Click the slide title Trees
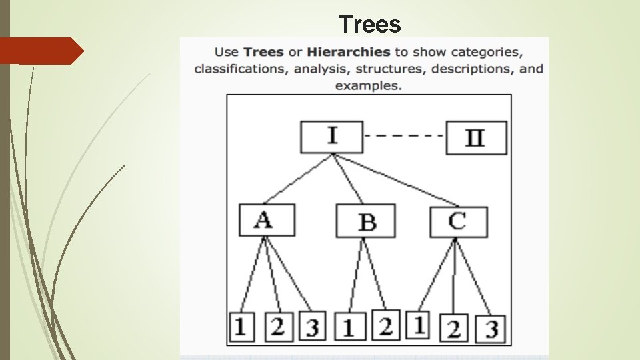(369, 25)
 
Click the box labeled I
(331, 137)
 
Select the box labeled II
(475, 139)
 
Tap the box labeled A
(267, 220)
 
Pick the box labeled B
(365, 221)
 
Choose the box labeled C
(458, 221)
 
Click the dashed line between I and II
(404, 136)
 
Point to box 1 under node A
(241, 327)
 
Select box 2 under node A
(278, 327)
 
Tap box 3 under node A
(311, 327)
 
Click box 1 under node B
(348, 327)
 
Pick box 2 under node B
(385, 325)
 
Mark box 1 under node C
(418, 325)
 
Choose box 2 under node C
(454, 329)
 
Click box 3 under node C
(491, 329)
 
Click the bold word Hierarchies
(349, 51)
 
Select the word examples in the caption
(368, 85)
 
